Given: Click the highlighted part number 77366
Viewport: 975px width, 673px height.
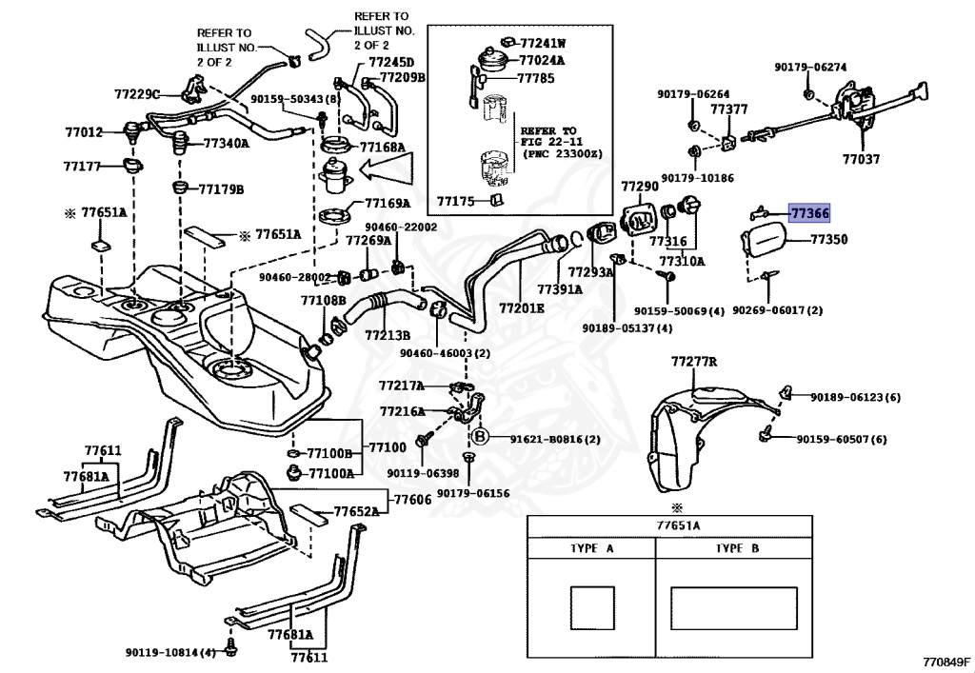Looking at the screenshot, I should click(x=809, y=215).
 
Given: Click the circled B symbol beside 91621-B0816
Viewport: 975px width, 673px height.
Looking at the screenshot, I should click(x=481, y=437).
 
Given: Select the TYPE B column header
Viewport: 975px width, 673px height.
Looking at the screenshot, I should click(x=737, y=549).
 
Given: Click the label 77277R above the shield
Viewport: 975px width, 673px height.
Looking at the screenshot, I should click(x=693, y=362).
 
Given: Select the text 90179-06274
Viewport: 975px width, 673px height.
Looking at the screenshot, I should click(x=809, y=68).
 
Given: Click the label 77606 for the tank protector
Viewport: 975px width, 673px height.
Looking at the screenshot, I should click(x=413, y=499).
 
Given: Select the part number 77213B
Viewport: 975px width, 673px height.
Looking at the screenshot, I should click(x=387, y=335).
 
